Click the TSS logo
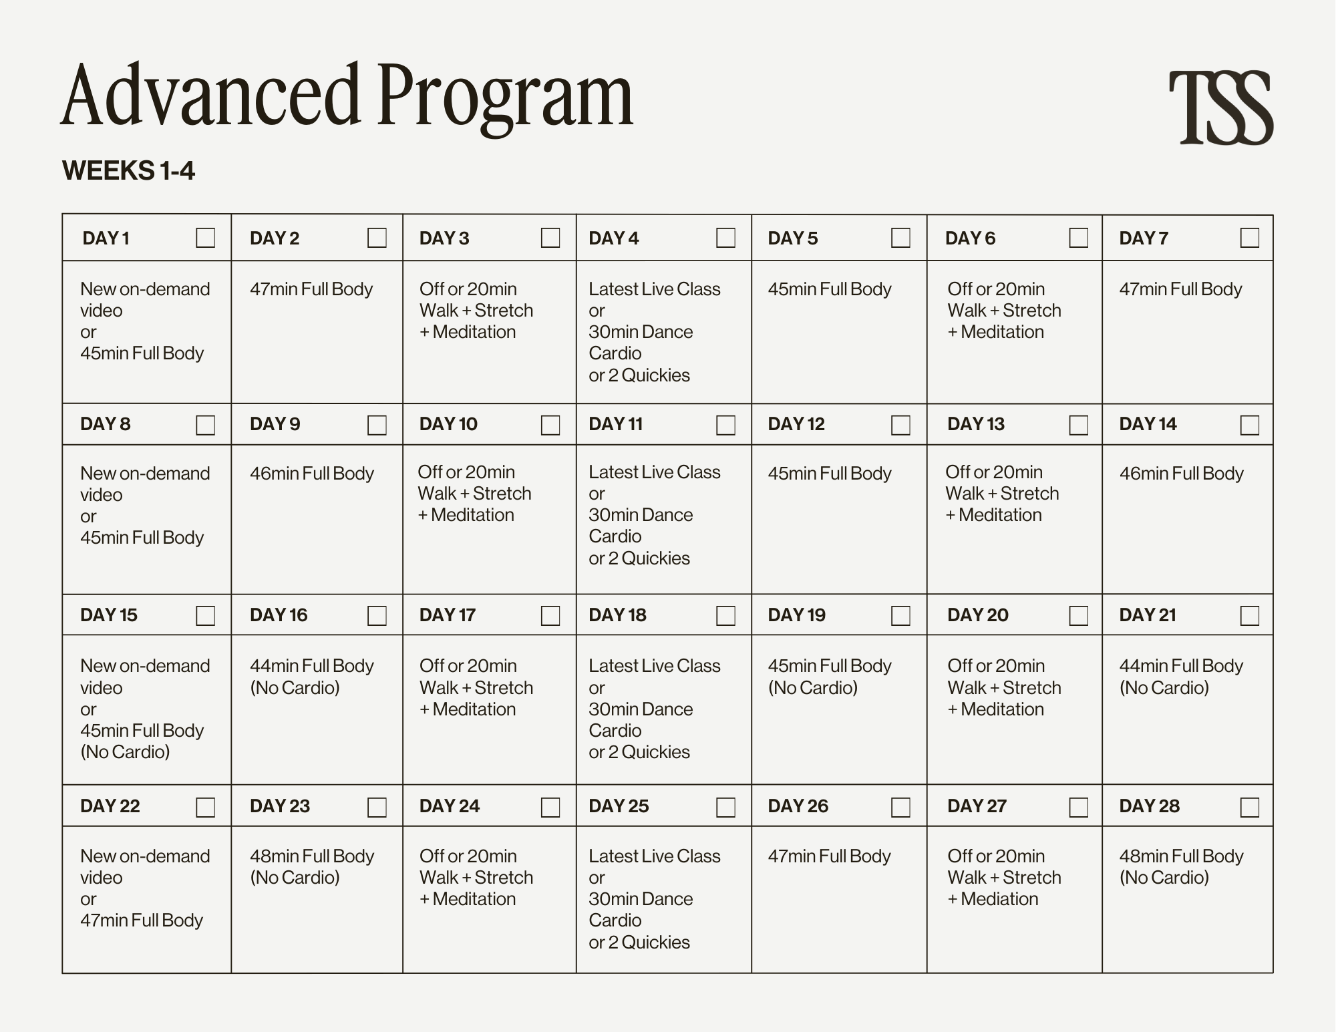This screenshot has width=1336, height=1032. [x=1220, y=108]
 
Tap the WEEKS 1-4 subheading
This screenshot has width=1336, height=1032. [x=128, y=171]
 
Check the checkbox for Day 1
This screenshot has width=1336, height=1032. [x=205, y=238]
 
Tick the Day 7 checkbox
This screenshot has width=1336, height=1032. [x=1249, y=238]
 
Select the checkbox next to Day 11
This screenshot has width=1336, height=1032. [x=725, y=425]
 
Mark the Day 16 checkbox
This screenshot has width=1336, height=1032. [x=377, y=615]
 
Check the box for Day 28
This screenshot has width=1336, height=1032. [x=1249, y=807]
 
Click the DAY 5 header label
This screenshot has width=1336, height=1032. [x=792, y=238]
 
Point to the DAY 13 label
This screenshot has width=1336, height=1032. [x=975, y=424]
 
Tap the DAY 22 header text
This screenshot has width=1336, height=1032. [x=110, y=806]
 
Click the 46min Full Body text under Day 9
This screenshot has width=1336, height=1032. [x=311, y=474]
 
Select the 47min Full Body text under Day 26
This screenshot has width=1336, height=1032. [x=829, y=856]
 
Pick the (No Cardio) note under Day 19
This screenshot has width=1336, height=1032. [x=812, y=688]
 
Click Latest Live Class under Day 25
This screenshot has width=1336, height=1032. [x=654, y=856]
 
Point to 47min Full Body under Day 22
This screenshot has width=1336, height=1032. [x=142, y=920]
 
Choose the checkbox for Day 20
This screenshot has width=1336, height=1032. [x=1078, y=615]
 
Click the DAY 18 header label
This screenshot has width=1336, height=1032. [x=617, y=615]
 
